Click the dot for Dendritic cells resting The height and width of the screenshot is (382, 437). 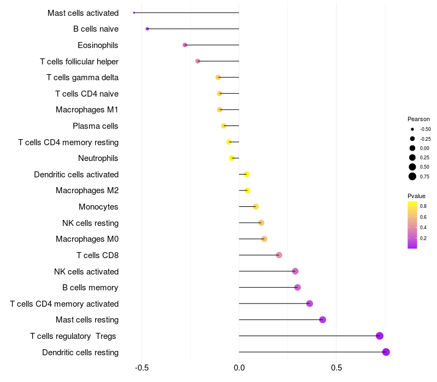tap(386, 352)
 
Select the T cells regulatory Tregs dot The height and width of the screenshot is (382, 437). tap(380, 336)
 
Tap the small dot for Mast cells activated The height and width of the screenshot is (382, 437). tap(134, 13)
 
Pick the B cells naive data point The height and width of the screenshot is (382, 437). tap(147, 29)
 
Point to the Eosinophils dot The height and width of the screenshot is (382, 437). tap(185, 45)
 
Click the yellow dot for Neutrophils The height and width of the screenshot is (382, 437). tap(232, 158)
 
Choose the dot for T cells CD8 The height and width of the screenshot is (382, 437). tap(279, 255)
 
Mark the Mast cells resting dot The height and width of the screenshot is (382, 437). tap(322, 320)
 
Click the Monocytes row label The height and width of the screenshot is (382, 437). tap(98, 207)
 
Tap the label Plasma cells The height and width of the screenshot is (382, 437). tap(96, 126)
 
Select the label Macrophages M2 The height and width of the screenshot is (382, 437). tap(87, 190)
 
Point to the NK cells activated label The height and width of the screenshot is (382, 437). tap(86, 272)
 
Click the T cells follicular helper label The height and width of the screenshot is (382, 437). tap(79, 61)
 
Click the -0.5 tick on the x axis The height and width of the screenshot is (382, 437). tap(141, 368)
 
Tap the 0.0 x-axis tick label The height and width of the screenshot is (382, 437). tap(239, 368)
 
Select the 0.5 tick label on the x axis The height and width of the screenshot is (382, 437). tap(336, 368)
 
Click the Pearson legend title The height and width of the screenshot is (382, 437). tap(418, 119)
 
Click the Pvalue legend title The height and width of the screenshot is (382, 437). tap(416, 196)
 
